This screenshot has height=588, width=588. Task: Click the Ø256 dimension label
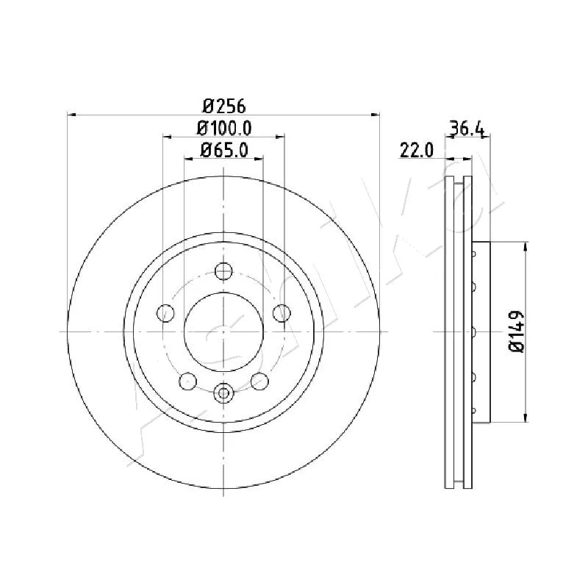[x=223, y=105]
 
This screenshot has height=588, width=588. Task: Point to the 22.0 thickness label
[x=417, y=151]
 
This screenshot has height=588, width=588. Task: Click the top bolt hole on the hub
[x=223, y=271]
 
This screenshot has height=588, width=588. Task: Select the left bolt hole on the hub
[x=167, y=314]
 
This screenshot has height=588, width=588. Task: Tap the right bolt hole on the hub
[x=280, y=314]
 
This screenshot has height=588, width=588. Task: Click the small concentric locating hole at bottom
[x=223, y=393]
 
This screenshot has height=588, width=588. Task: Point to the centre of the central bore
[x=223, y=331]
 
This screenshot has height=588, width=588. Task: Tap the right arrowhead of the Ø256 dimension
[x=376, y=114]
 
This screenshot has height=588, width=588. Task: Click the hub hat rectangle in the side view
[x=481, y=332]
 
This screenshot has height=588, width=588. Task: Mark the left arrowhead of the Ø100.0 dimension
[x=167, y=136]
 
